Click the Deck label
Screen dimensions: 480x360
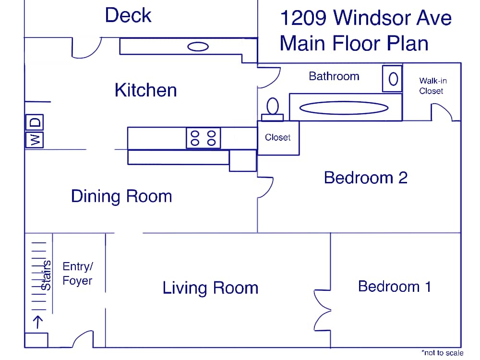[x=128, y=15]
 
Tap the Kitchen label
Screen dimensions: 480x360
[x=146, y=90]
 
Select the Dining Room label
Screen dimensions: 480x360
[x=121, y=196]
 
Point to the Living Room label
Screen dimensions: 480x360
[x=210, y=288]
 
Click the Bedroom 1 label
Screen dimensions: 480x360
[x=395, y=287]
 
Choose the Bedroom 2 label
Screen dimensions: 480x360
[x=366, y=178]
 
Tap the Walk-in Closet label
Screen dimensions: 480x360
[x=432, y=86]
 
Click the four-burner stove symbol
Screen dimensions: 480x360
[x=203, y=138]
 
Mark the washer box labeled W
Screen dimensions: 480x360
[x=35, y=140]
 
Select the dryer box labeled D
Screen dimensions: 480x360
[x=35, y=122]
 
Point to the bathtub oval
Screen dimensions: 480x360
[x=344, y=108]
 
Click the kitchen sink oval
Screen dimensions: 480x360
[x=198, y=47]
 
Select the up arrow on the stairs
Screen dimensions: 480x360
[x=38, y=322]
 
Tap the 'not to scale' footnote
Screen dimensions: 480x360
[x=443, y=353]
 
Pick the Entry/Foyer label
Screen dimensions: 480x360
[x=78, y=274]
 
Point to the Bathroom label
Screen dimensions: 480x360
[x=334, y=76]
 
